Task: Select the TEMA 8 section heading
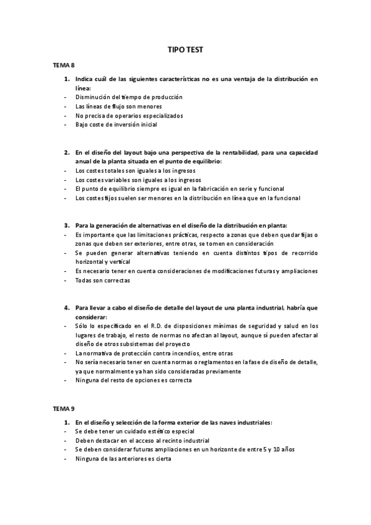(x=63, y=64)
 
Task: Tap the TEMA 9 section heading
(x=63, y=409)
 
